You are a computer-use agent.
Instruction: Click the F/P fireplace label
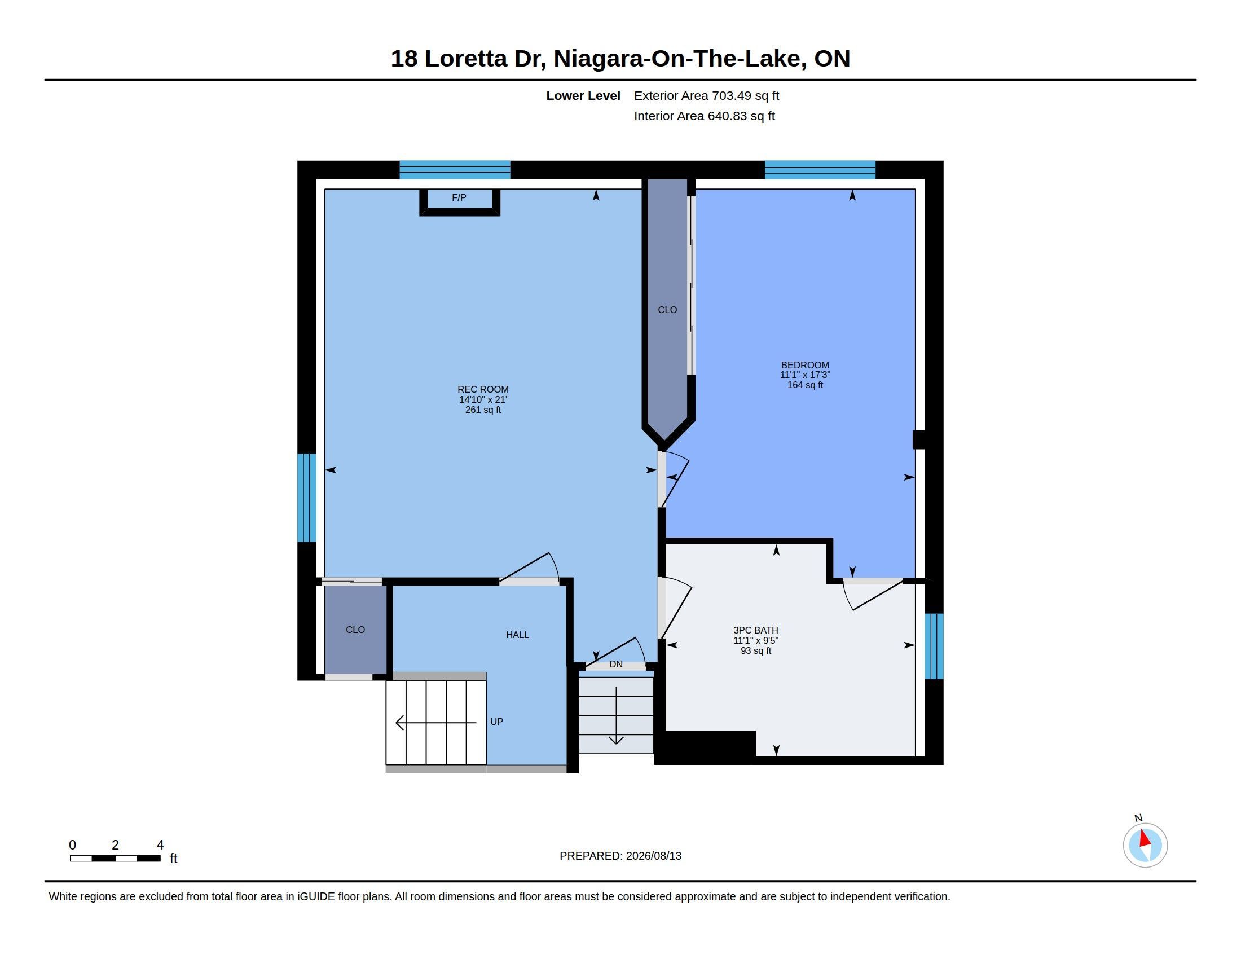point(459,197)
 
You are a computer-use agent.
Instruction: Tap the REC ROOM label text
point(483,389)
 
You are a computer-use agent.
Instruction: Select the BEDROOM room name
point(805,365)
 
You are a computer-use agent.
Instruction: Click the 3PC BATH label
point(756,630)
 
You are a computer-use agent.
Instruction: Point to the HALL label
point(518,635)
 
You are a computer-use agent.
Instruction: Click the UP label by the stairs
point(496,722)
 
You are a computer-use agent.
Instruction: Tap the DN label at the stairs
point(616,664)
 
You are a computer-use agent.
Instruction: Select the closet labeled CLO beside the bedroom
point(668,310)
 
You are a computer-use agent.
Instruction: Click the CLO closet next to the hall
point(356,630)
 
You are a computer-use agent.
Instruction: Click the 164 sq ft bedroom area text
point(805,385)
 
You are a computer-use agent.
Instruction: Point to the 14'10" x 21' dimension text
point(483,399)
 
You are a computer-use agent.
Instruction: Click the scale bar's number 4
point(160,845)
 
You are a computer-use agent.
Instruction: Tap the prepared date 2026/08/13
point(653,856)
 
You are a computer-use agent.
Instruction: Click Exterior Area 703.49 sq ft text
point(706,95)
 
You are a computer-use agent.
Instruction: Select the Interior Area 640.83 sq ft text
point(705,116)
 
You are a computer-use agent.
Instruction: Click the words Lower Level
point(583,95)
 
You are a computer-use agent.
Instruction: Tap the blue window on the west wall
point(307,498)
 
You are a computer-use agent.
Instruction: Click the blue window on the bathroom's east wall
point(934,646)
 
